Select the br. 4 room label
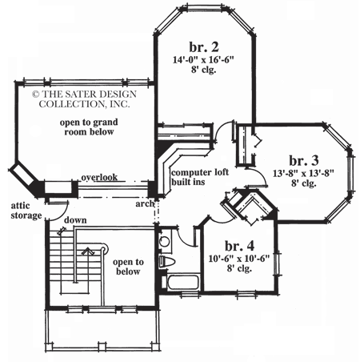pos(240,245)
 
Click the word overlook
pos(98,177)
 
